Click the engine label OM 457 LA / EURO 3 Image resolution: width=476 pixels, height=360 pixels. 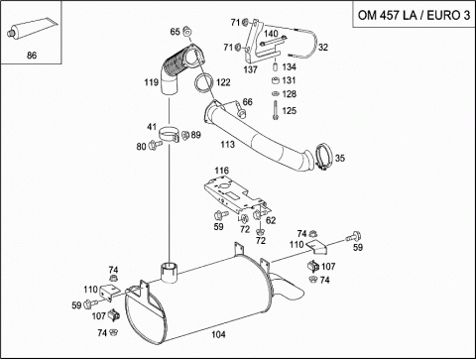click(414, 15)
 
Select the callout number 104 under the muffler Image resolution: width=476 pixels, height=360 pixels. click(218, 334)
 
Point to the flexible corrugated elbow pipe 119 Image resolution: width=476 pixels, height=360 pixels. click(178, 69)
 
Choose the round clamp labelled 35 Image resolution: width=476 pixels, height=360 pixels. click(322, 157)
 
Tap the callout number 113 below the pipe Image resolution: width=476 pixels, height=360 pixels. click(228, 144)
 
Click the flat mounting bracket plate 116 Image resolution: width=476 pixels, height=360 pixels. click(235, 195)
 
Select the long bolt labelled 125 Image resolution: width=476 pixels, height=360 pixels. click(275, 110)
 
